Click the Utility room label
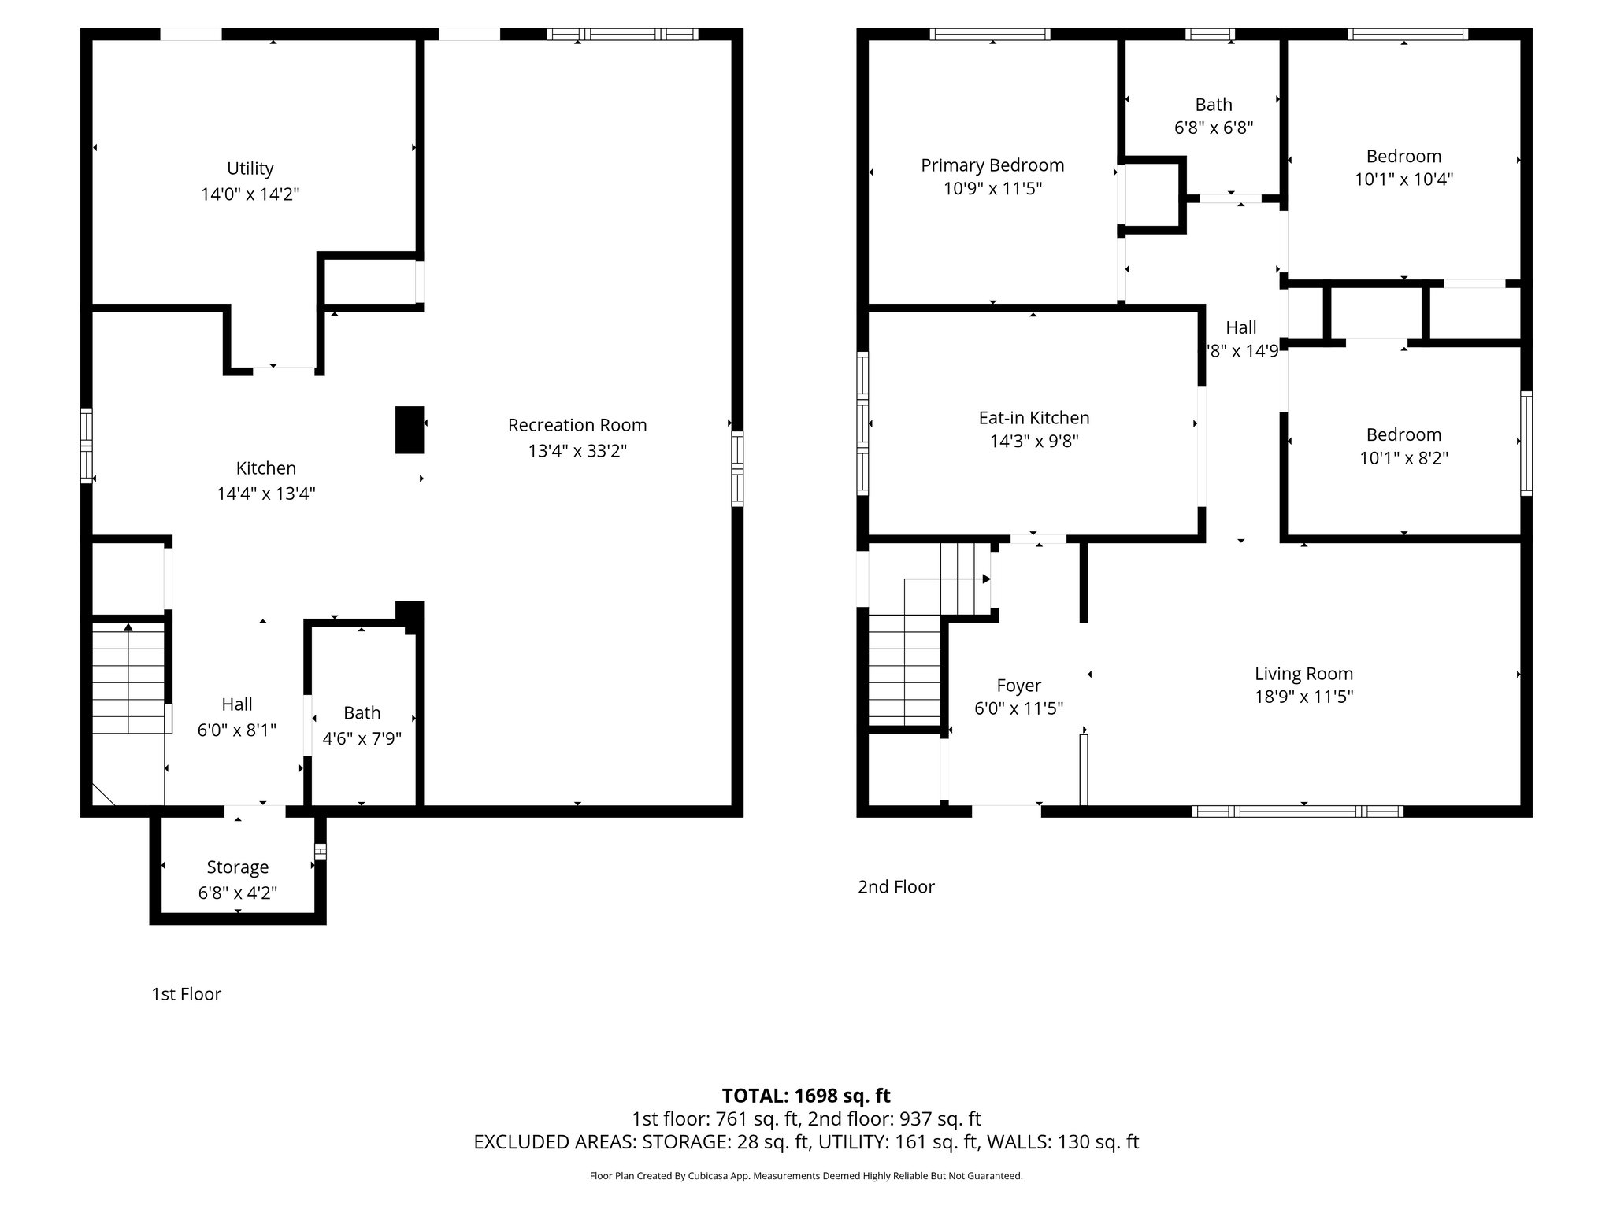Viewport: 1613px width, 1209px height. click(x=250, y=168)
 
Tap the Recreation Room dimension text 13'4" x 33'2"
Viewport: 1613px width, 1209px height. click(x=577, y=451)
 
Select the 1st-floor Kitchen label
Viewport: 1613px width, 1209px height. click(x=266, y=468)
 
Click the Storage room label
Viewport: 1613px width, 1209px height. click(x=238, y=867)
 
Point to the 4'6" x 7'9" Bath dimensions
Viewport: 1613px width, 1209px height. click(x=362, y=738)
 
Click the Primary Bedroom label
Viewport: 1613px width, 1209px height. click(x=992, y=165)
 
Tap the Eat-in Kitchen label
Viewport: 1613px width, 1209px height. click(x=1034, y=418)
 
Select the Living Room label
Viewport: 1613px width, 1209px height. click(x=1304, y=674)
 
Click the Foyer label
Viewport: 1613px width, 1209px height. click(x=1019, y=686)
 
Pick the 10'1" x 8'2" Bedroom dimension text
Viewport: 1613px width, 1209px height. click(x=1404, y=458)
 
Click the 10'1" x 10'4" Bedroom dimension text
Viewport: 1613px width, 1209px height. click(x=1404, y=179)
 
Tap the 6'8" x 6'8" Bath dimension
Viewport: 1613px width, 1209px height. click(x=1214, y=128)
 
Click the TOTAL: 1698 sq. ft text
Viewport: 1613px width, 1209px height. click(x=806, y=1096)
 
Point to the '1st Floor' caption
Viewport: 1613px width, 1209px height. click(x=187, y=994)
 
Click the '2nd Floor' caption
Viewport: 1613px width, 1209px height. click(x=896, y=887)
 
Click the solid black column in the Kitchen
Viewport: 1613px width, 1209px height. click(x=410, y=430)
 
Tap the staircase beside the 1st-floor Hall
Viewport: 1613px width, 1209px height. click(x=129, y=678)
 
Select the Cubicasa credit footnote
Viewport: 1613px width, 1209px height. click(x=806, y=1176)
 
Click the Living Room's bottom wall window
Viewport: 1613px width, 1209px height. click(x=1298, y=812)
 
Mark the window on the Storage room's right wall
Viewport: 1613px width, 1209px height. click(x=321, y=852)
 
